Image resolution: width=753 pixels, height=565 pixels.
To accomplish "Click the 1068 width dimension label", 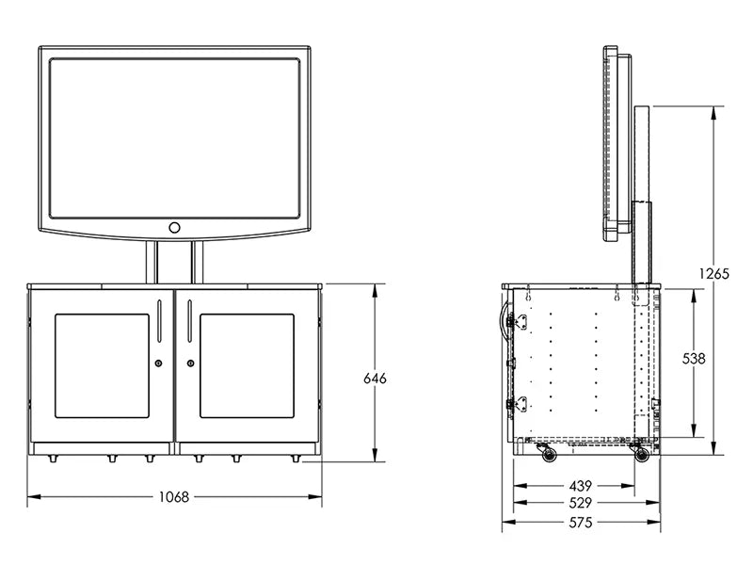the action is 174,497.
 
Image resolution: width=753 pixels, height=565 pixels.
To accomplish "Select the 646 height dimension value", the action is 375,379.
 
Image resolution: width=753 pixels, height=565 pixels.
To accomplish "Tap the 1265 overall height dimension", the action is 714,273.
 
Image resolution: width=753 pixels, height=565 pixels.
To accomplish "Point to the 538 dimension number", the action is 694,359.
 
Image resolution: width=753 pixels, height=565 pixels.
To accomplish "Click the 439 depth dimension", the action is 581,486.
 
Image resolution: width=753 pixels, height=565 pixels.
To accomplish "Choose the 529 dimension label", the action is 581,503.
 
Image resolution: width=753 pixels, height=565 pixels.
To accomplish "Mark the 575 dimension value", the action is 581,522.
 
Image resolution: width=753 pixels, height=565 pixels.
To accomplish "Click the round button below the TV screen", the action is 174,227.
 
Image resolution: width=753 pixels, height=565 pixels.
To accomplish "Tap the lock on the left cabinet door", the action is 158,363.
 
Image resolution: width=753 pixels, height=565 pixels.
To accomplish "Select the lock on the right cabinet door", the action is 191,363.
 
